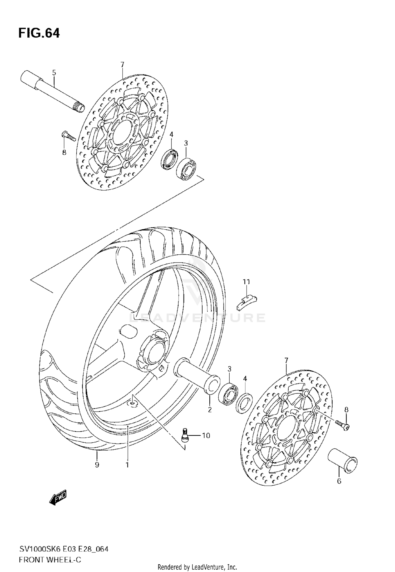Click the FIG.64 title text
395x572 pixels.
point(39,33)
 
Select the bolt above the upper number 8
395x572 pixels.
point(68,136)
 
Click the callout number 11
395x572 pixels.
point(246,282)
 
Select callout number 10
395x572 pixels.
point(206,436)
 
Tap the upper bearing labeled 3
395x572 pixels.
point(186,168)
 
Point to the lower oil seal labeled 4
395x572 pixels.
point(244,403)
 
